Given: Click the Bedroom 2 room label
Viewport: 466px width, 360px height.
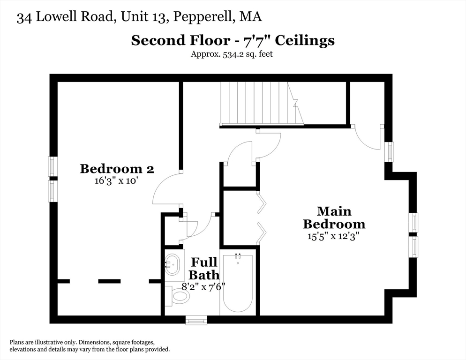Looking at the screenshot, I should point(117,168).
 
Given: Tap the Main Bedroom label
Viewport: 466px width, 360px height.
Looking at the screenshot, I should point(334,217).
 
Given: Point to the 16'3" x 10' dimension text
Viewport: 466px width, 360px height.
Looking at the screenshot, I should point(117,181).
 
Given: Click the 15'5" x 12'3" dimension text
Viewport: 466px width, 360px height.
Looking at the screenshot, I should point(333,236).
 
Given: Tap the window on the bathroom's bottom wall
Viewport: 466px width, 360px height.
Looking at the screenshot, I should point(196,321).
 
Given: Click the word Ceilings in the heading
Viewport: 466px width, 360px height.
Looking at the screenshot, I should point(304,40).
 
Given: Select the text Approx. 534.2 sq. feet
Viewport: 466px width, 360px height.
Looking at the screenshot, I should point(232,54).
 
